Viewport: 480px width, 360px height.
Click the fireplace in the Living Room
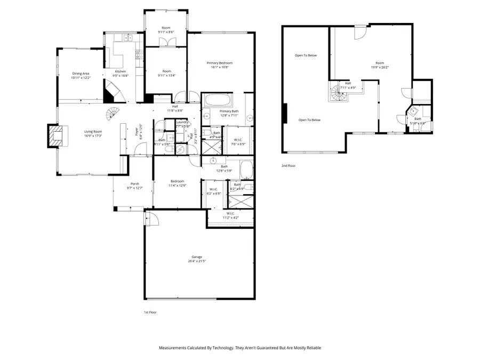pos(54,135)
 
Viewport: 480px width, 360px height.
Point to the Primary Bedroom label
pos(220,63)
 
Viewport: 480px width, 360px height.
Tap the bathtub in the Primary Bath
pos(217,100)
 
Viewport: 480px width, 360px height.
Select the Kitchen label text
pos(121,71)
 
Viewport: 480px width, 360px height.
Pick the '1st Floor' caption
pos(150,312)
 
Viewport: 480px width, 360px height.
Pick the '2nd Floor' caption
pos(288,166)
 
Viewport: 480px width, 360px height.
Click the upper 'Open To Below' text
pos(306,55)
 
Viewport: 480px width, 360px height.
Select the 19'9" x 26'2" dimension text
pos(380,67)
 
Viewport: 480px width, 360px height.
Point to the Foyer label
pos(137,129)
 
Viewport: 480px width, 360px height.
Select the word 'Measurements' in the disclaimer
pos(174,348)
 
